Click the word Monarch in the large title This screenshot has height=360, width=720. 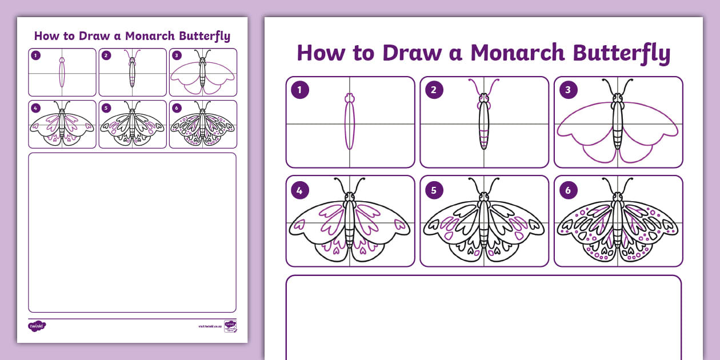point(518,53)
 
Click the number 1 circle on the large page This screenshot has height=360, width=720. point(299,90)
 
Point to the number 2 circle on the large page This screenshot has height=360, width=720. point(434,90)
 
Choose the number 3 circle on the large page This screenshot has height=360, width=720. point(568,90)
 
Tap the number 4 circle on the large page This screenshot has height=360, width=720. point(299,190)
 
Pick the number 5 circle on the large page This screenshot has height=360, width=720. point(434,190)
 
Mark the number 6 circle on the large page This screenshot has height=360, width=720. point(568,190)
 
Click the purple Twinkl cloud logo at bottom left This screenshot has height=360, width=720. point(37,326)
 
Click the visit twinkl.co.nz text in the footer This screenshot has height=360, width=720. point(210,326)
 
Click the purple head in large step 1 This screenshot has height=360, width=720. point(350,99)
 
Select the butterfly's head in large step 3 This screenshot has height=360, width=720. point(618,100)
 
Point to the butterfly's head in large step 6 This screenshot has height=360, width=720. point(618,199)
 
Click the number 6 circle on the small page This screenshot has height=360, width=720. point(177,107)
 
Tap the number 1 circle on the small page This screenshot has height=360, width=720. point(36,55)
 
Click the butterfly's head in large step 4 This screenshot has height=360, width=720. point(350,199)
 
